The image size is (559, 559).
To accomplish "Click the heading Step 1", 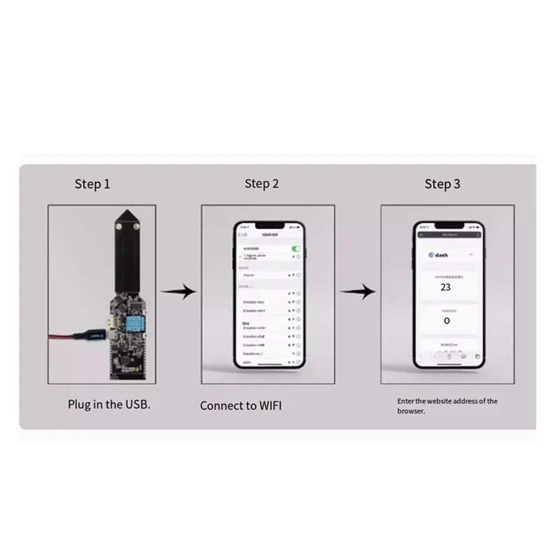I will [92, 184].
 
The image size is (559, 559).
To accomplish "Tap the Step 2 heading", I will [261, 184].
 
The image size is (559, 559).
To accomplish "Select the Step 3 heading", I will [442, 184].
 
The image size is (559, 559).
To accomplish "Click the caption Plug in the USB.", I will [108, 404].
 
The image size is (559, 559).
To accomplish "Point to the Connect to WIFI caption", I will [240, 405].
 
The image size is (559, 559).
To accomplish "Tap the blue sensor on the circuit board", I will [137, 322].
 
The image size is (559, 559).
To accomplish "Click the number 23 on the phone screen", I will [445, 286].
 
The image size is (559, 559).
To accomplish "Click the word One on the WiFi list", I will [245, 324].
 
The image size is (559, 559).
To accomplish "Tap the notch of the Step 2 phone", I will [268, 227].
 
